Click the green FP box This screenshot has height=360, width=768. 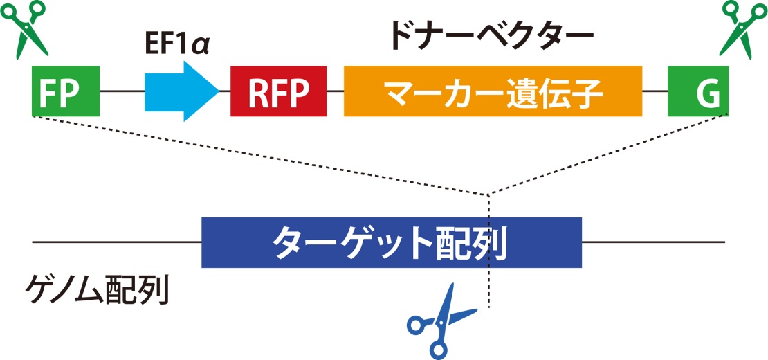[x=66, y=91]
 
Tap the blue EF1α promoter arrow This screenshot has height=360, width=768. [x=179, y=91]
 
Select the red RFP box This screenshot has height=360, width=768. [x=278, y=91]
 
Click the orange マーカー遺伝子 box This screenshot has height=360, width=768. [x=493, y=91]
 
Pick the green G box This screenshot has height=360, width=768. [x=697, y=91]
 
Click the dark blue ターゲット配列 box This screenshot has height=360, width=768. [x=391, y=242]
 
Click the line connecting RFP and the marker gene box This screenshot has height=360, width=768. [x=335, y=91]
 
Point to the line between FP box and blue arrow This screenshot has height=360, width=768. [x=122, y=91]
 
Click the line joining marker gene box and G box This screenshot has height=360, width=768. [x=655, y=91]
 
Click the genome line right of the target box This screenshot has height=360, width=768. [x=653, y=242]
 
